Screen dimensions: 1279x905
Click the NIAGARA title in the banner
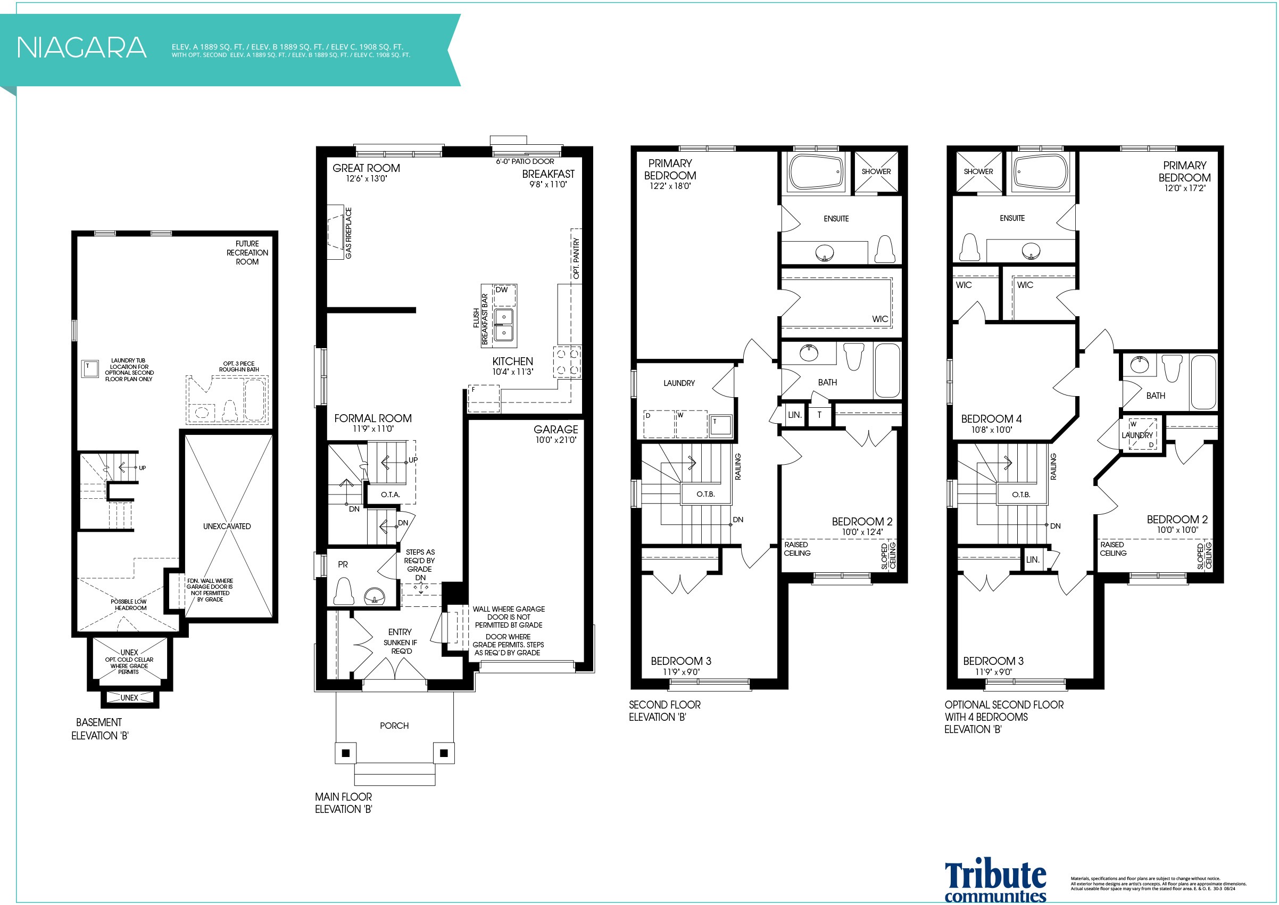pyautogui.click(x=81, y=47)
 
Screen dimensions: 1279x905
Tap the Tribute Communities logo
pyautogui.click(x=995, y=881)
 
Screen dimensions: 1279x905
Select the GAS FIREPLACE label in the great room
pyautogui.click(x=348, y=233)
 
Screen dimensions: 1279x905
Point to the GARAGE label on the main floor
pyautogui.click(x=555, y=429)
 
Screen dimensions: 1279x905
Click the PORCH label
pyautogui.click(x=394, y=726)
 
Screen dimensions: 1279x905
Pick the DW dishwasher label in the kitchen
pyautogui.click(x=502, y=290)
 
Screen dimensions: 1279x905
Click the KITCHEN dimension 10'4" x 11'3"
pyautogui.click(x=512, y=372)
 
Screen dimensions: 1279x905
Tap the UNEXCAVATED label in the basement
pyautogui.click(x=227, y=526)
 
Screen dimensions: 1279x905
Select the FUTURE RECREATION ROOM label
pyautogui.click(x=247, y=252)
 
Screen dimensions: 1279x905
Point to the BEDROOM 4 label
pyautogui.click(x=992, y=418)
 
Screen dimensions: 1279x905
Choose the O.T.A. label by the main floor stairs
pyautogui.click(x=391, y=495)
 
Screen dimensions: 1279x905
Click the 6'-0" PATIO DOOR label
pyautogui.click(x=525, y=162)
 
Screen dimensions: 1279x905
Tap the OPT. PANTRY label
pyautogui.click(x=576, y=259)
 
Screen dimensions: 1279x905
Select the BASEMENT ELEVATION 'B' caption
pyautogui.click(x=99, y=729)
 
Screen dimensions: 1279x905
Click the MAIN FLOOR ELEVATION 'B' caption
pyautogui.click(x=344, y=803)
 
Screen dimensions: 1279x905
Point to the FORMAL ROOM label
pyautogui.click(x=372, y=418)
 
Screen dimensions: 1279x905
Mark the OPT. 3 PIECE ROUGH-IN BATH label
pyautogui.click(x=239, y=367)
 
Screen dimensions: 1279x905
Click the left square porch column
pyautogui.click(x=345, y=753)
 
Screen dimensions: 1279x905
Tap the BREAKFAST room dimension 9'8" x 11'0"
pyautogui.click(x=548, y=184)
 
